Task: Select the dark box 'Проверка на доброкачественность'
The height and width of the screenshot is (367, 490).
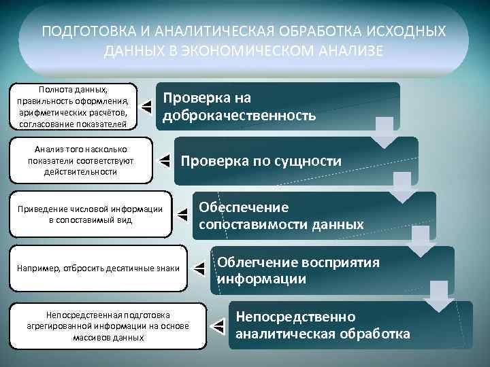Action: coord(279,107)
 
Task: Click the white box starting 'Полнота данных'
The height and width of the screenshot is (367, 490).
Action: coord(73,106)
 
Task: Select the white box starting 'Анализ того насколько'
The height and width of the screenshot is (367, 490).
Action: coord(80,160)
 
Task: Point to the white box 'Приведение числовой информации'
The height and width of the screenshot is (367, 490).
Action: coord(90,215)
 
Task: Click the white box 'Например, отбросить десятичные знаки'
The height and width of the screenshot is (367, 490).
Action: coord(97,268)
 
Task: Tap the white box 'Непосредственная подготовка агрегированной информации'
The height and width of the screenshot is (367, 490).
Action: coord(108,326)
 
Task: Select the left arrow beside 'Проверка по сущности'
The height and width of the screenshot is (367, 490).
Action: coord(164,160)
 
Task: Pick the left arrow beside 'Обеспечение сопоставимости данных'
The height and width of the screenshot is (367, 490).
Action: coord(182,215)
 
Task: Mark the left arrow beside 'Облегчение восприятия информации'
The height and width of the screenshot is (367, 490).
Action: coord(199,269)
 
